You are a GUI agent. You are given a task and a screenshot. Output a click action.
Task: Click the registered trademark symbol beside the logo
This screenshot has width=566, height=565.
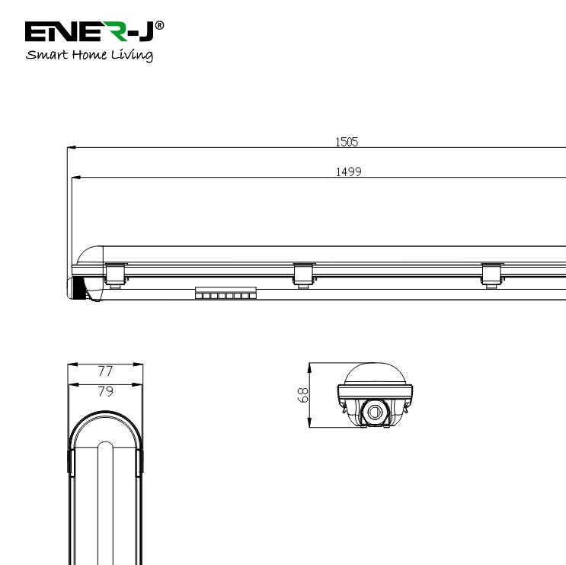pos(159,24)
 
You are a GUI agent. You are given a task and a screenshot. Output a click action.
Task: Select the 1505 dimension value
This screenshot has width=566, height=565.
pos(347,141)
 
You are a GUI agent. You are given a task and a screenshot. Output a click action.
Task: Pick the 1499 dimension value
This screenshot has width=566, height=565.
pos(348,172)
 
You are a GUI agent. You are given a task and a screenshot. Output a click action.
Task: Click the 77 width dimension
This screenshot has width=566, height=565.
pos(106,371)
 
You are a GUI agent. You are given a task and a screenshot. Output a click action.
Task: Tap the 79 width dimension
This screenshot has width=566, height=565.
pos(106,392)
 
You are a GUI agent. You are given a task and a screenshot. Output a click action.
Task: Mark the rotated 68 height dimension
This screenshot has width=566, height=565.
pos(302,394)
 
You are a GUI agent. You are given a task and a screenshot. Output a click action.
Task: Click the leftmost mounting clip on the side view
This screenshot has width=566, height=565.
pos(115,273)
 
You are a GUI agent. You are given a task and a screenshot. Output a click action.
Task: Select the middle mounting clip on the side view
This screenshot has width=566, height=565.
pos(303,274)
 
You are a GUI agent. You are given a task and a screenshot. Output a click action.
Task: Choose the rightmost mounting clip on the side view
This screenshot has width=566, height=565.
pos(491,274)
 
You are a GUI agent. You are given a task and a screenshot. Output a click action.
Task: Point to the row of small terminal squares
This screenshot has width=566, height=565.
pos(225,294)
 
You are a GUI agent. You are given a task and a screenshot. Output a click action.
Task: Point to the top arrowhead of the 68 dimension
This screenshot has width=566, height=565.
pos(310,366)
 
